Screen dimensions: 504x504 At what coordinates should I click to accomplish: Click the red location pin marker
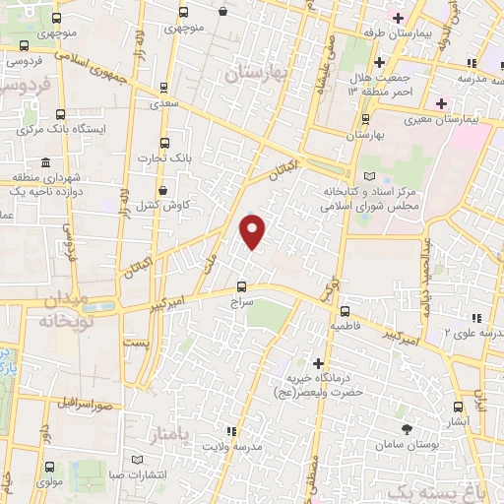[x=253, y=231]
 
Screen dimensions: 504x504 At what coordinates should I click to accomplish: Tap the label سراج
[x=242, y=305]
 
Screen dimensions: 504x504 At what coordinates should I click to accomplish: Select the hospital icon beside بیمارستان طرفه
[x=397, y=17]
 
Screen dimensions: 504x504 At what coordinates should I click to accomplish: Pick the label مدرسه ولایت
[x=234, y=447]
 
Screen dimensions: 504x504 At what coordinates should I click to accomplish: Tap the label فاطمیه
[x=352, y=324]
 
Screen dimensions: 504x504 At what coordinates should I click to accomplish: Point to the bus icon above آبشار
[x=458, y=406]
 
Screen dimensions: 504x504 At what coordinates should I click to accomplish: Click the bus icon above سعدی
[x=165, y=87]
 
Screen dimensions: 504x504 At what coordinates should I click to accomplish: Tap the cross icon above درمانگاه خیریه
[x=317, y=363]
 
